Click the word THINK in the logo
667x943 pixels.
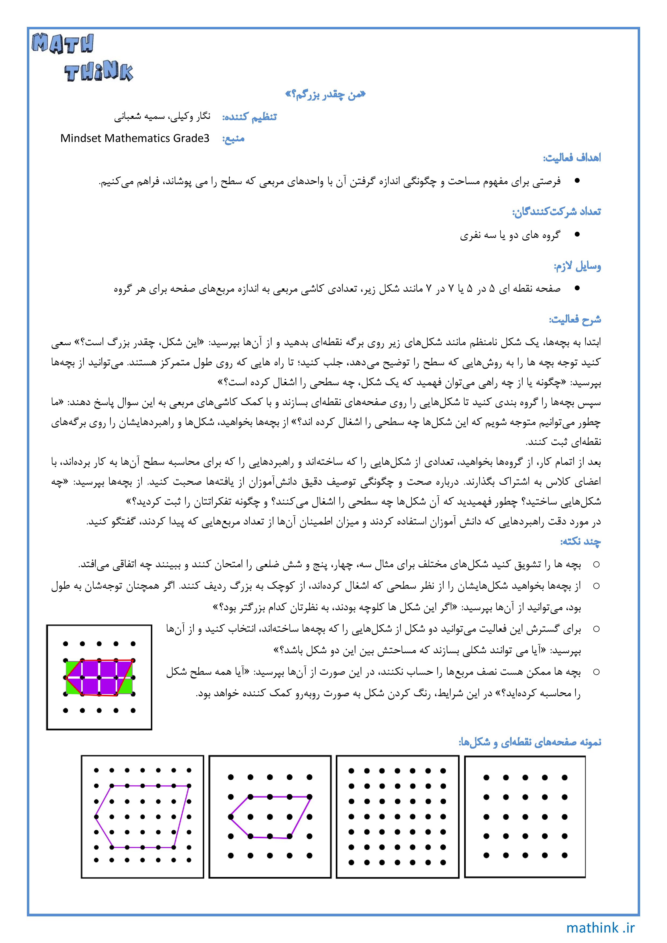pos(99,73)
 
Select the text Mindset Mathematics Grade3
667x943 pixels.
pos(135,138)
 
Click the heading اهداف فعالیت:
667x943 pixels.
pos(572,158)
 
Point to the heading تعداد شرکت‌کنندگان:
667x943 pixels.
pos(556,212)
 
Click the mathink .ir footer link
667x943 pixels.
pos(600,928)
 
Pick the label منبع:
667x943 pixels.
pos(233,139)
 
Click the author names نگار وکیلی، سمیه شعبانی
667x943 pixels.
pos(162,117)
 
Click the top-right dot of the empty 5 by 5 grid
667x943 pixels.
pos(564,777)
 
